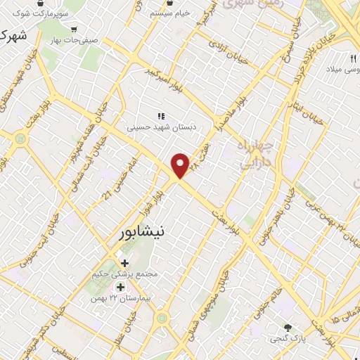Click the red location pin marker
tap(181, 166)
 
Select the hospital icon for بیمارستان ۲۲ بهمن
tap(120, 287)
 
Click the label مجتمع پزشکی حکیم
tap(122, 274)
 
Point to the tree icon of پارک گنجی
tap(287, 327)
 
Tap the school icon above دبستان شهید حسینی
tap(161, 116)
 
